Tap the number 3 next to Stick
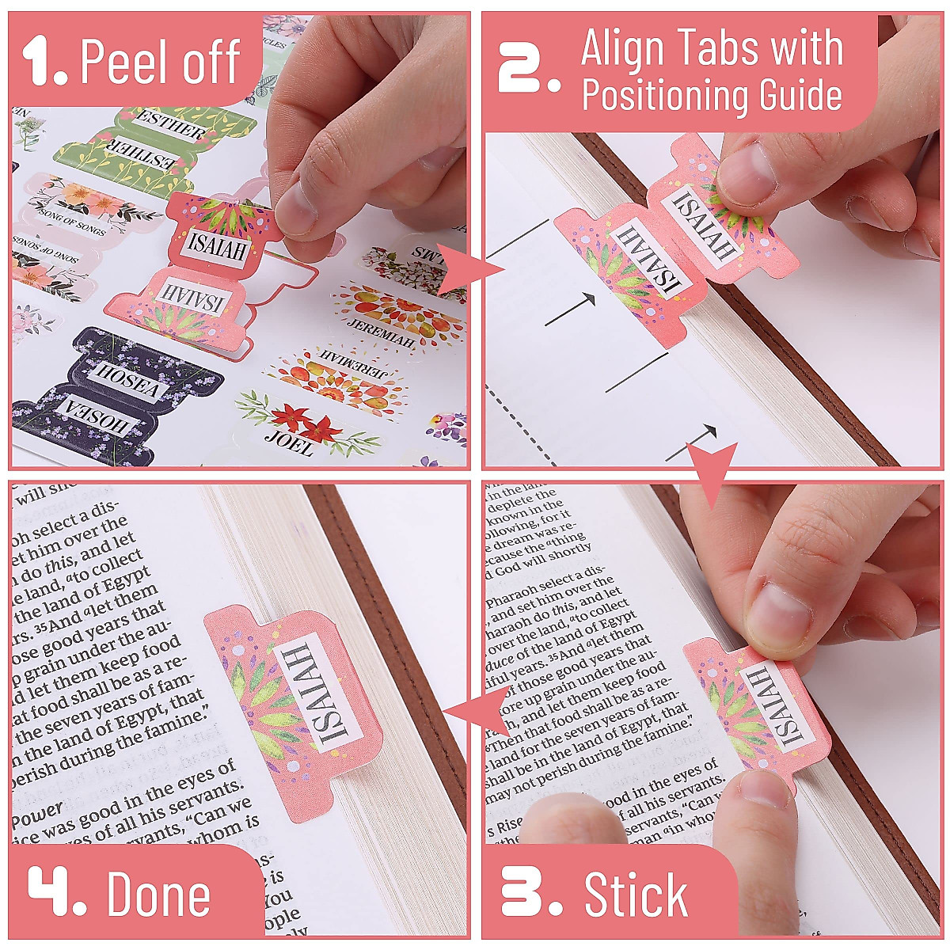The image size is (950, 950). coord(529,892)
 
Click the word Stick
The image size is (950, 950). coord(636,895)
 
